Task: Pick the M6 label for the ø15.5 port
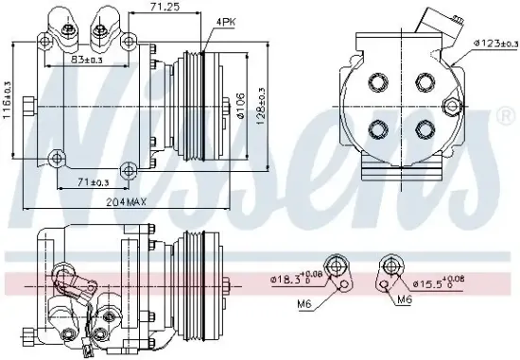pyautogui.click(x=404, y=300)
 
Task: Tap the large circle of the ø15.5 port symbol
pyautogui.click(x=390, y=264)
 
